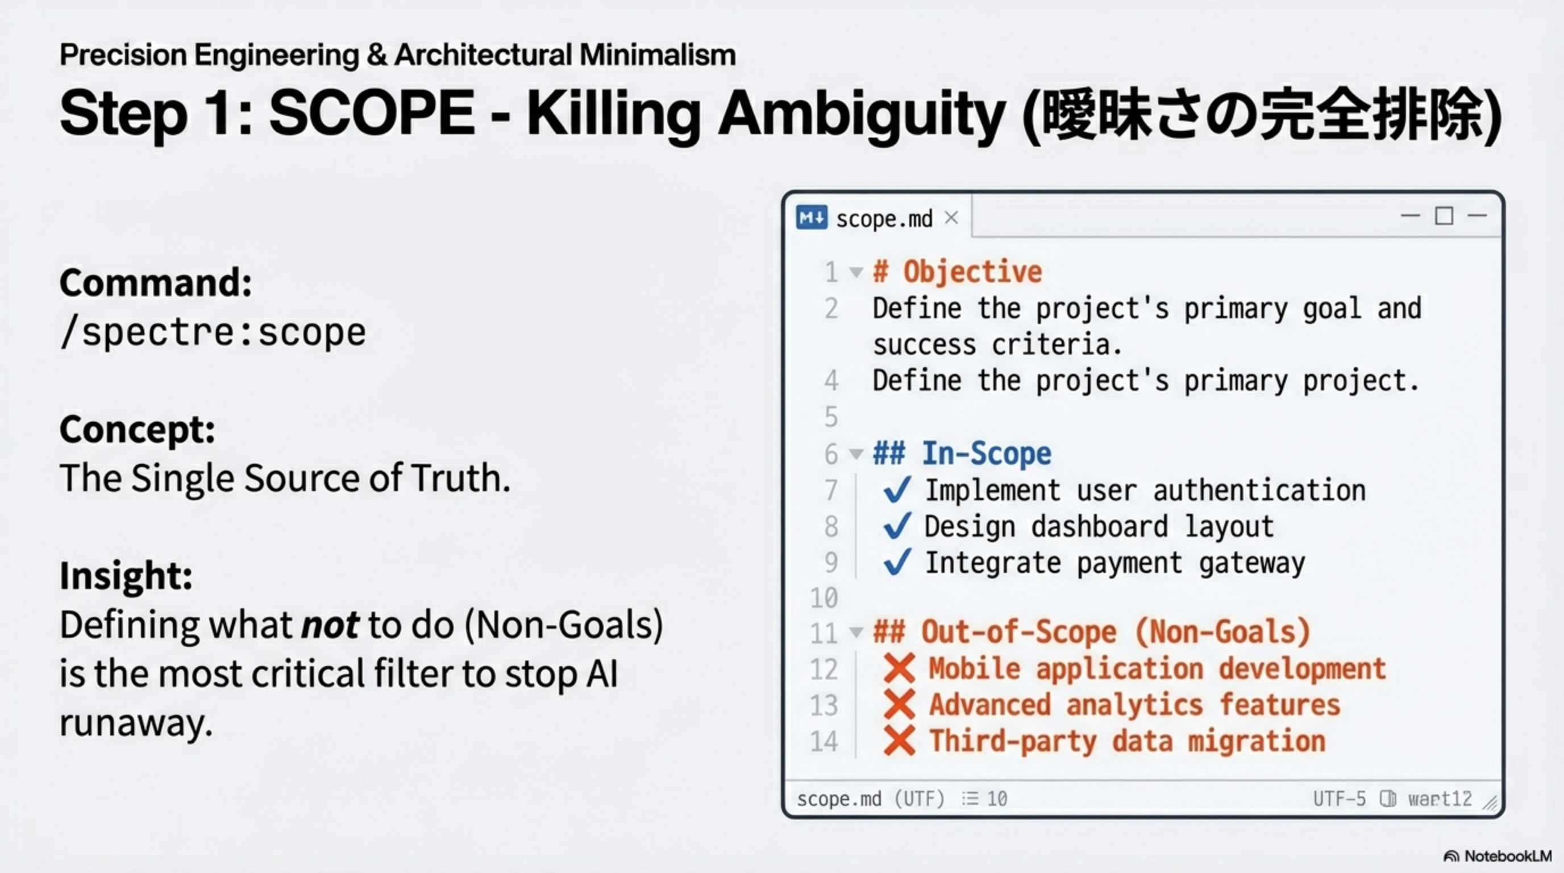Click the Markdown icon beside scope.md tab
tap(811, 217)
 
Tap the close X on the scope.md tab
tap(951, 217)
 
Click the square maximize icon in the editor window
tap(1444, 215)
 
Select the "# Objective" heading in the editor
tap(958, 271)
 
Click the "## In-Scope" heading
tap(962, 454)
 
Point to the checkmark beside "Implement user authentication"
tap(897, 489)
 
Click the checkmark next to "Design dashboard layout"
tap(897, 526)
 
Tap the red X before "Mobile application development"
tap(899, 668)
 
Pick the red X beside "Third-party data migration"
tap(899, 741)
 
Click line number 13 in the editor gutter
tap(824, 705)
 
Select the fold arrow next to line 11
tap(856, 632)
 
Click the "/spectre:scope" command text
tap(213, 332)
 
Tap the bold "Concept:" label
tap(137, 429)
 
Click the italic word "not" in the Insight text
tap(330, 625)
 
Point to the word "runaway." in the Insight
tap(136, 724)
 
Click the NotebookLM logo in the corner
tap(1497, 856)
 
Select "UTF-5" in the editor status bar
tap(1340, 799)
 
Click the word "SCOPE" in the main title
tap(372, 113)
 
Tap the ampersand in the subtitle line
tap(376, 55)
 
